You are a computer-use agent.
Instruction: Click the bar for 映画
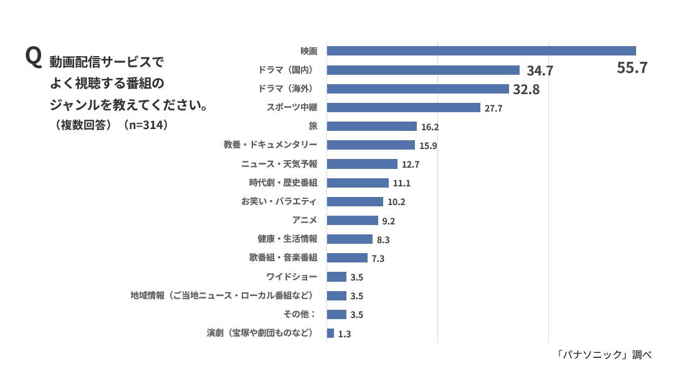[x=481, y=51]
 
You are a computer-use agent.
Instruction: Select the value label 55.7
[x=632, y=68]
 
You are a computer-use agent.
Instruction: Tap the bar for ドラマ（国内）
[x=423, y=70]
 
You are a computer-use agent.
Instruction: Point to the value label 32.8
[x=526, y=90]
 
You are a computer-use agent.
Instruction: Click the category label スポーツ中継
[x=292, y=107]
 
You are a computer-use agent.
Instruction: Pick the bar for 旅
[x=371, y=126]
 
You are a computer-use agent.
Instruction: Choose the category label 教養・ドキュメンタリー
[x=270, y=145]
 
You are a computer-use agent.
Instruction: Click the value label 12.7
[x=411, y=165]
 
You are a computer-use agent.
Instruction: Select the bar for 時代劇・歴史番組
[x=358, y=183]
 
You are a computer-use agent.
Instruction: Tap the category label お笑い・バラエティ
[x=279, y=201]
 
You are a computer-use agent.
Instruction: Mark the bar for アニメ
[x=352, y=220]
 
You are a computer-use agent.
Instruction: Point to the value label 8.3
[x=383, y=240]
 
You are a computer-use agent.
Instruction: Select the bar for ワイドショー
[x=336, y=277]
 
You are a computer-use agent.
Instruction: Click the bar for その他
[x=336, y=314]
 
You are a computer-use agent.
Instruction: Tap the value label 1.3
[x=344, y=334]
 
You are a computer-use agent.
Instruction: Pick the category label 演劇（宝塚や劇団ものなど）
[x=260, y=333]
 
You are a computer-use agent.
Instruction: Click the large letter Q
[x=33, y=58]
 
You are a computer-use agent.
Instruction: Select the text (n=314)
[x=146, y=125]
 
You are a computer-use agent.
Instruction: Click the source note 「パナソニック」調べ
[x=604, y=355]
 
